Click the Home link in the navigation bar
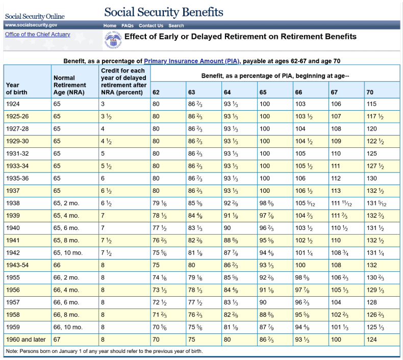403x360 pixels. click(x=110, y=25)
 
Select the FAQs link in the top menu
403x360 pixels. click(x=127, y=25)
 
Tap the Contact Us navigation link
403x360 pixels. click(x=151, y=25)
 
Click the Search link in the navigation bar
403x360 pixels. click(x=176, y=25)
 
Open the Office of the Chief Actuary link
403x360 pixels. click(x=38, y=35)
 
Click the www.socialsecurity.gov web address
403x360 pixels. click(x=31, y=25)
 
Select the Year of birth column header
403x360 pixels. click(x=17, y=89)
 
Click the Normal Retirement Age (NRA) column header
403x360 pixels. click(x=70, y=85)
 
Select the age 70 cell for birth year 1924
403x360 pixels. click(x=371, y=104)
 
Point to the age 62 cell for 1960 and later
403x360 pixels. click(x=156, y=339)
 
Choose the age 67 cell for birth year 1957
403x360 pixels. click(x=335, y=302)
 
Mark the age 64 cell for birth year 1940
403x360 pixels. click(x=228, y=228)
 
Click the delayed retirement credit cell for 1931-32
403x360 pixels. click(x=103, y=153)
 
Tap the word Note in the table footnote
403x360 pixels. click(x=12, y=351)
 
